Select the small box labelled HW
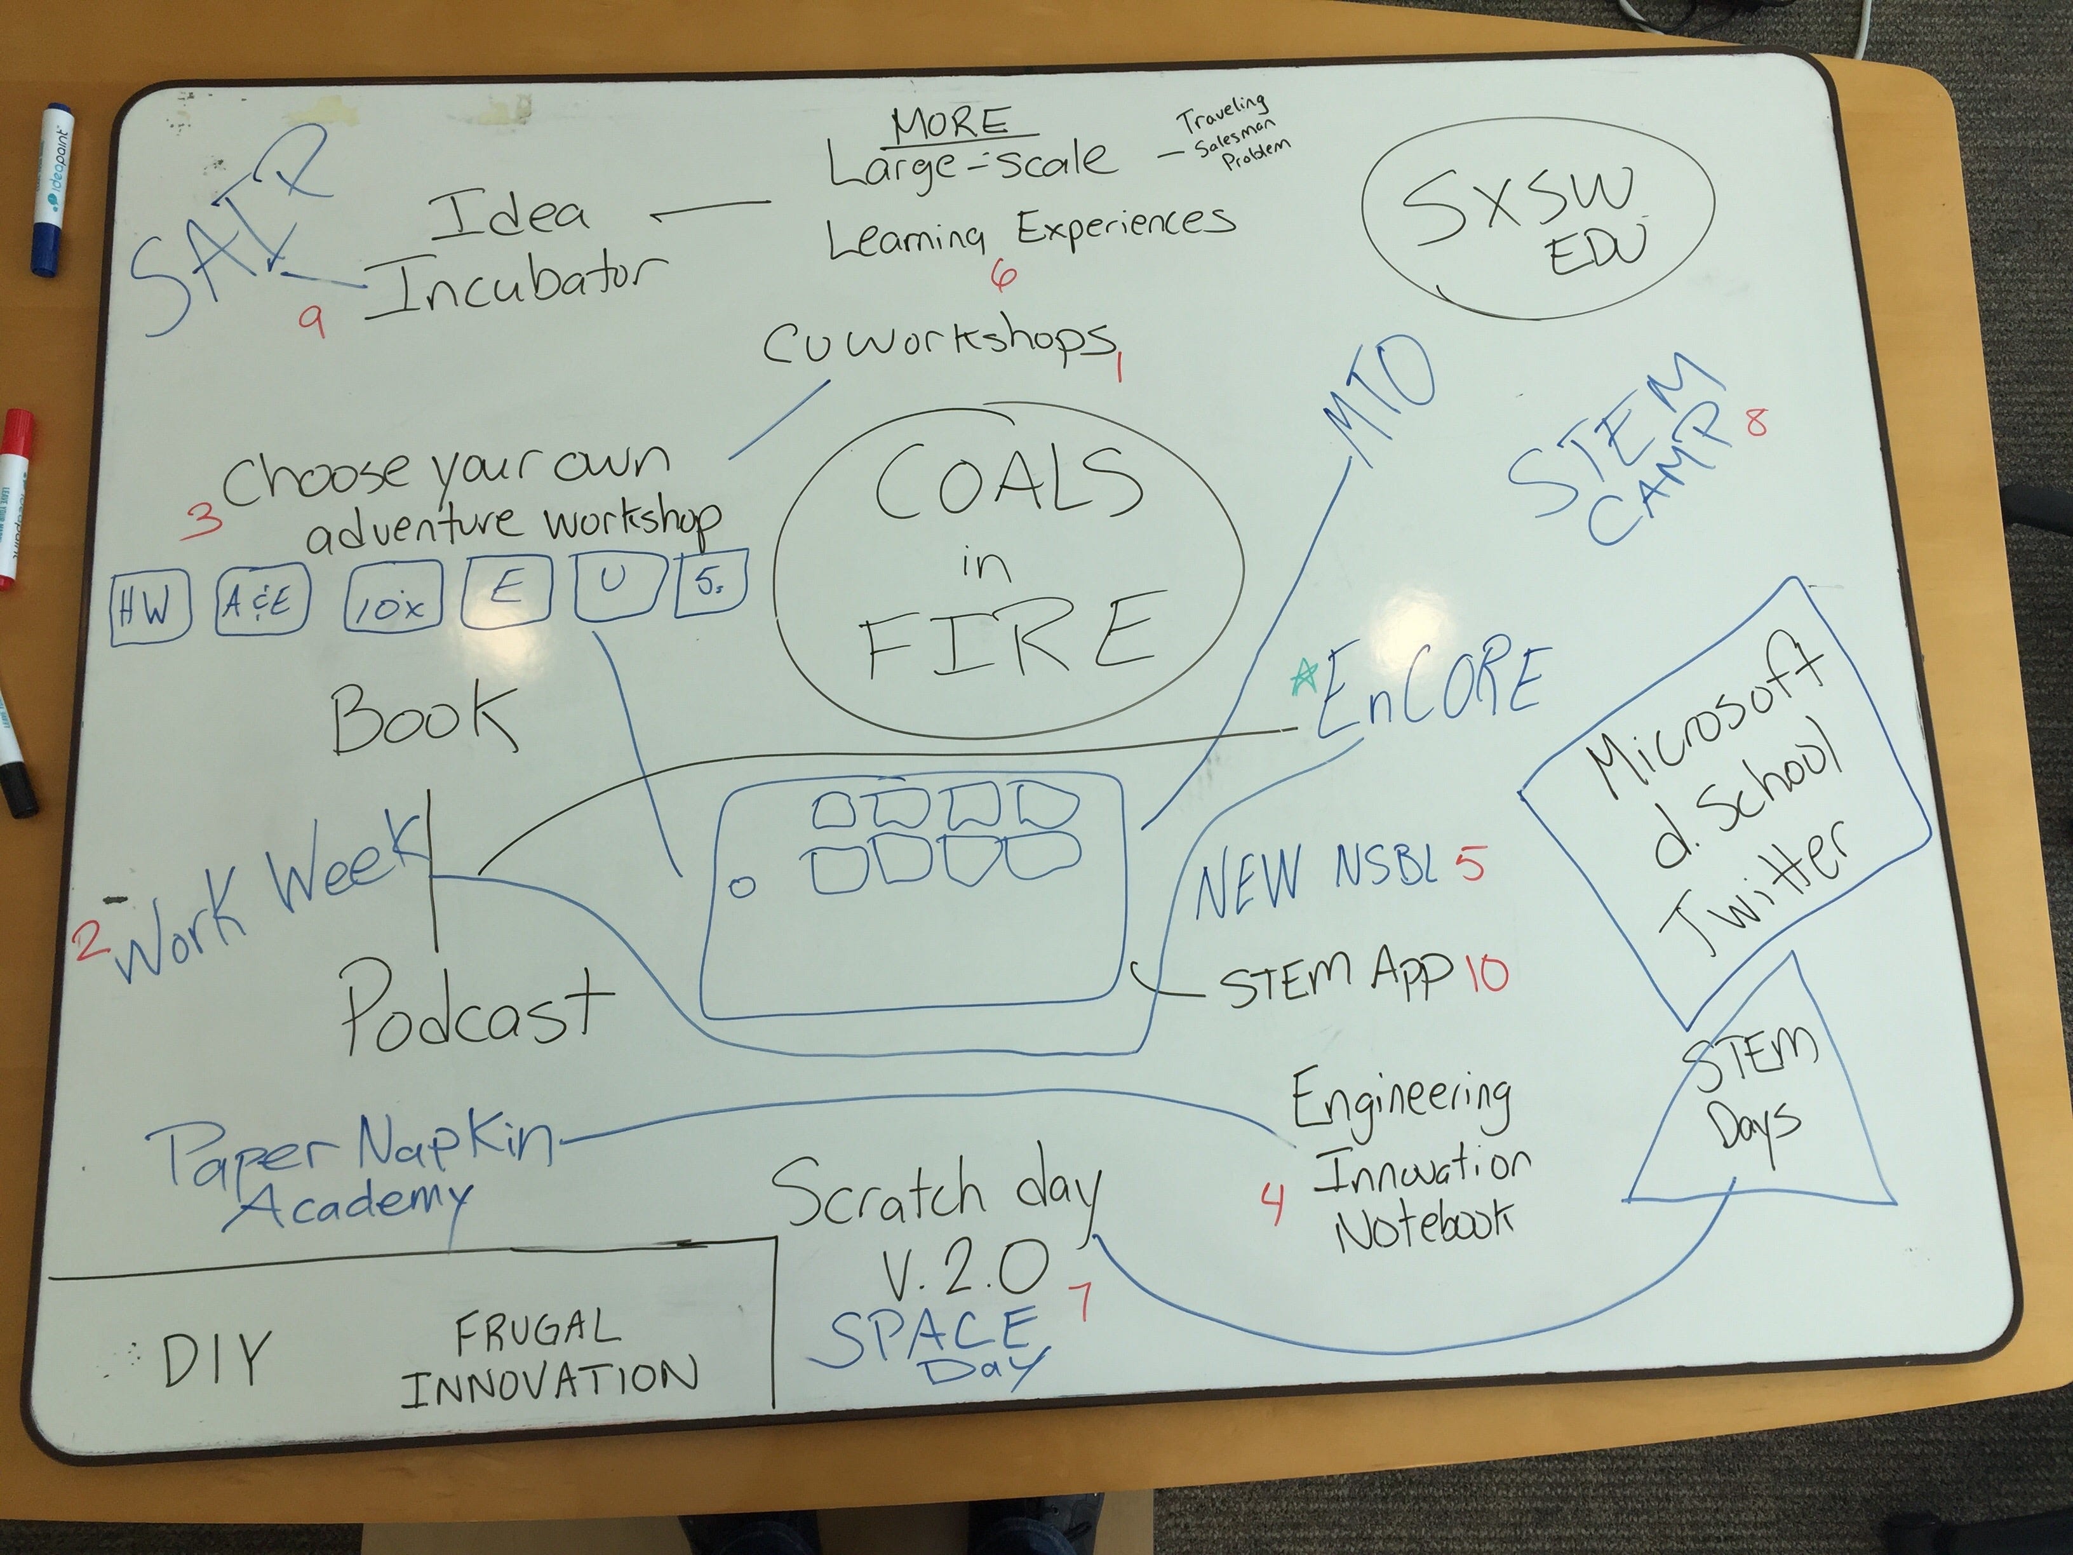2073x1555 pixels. (x=150, y=609)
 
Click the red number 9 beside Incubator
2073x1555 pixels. (x=312, y=323)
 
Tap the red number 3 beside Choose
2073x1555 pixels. (x=201, y=518)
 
